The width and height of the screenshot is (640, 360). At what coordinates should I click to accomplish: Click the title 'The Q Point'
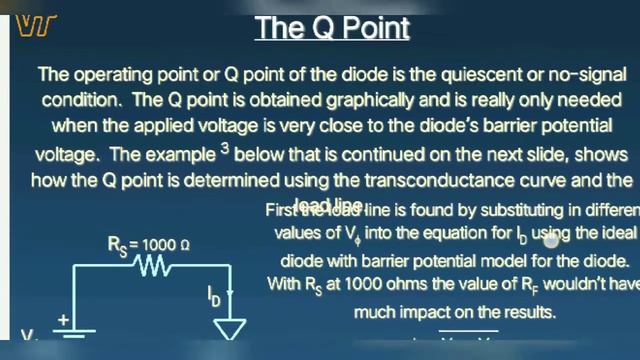pos(331,27)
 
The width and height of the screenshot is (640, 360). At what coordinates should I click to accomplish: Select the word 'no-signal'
pos(571,74)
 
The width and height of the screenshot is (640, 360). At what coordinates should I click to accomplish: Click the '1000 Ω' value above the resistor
pos(167,243)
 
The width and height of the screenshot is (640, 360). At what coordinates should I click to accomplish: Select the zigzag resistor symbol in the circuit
pos(153,267)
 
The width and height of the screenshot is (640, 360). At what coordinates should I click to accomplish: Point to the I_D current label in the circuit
pos(214,295)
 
